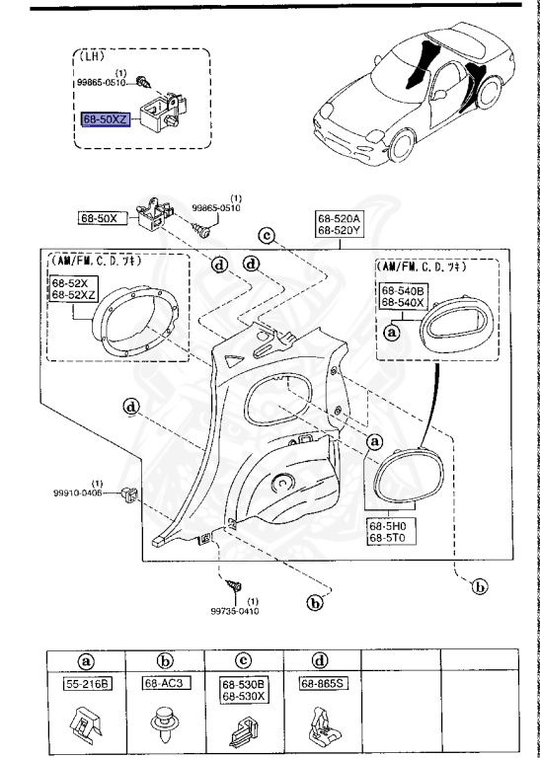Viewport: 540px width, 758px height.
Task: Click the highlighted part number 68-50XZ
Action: pyautogui.click(x=106, y=118)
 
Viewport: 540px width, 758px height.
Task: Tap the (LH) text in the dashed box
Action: pyautogui.click(x=92, y=57)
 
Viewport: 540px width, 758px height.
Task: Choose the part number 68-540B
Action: pyautogui.click(x=404, y=291)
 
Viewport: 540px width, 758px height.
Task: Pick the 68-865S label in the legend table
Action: pyautogui.click(x=322, y=682)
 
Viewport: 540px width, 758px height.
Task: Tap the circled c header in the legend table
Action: pyautogui.click(x=242, y=660)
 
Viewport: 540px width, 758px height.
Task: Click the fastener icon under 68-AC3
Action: pyautogui.click(x=164, y=726)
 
